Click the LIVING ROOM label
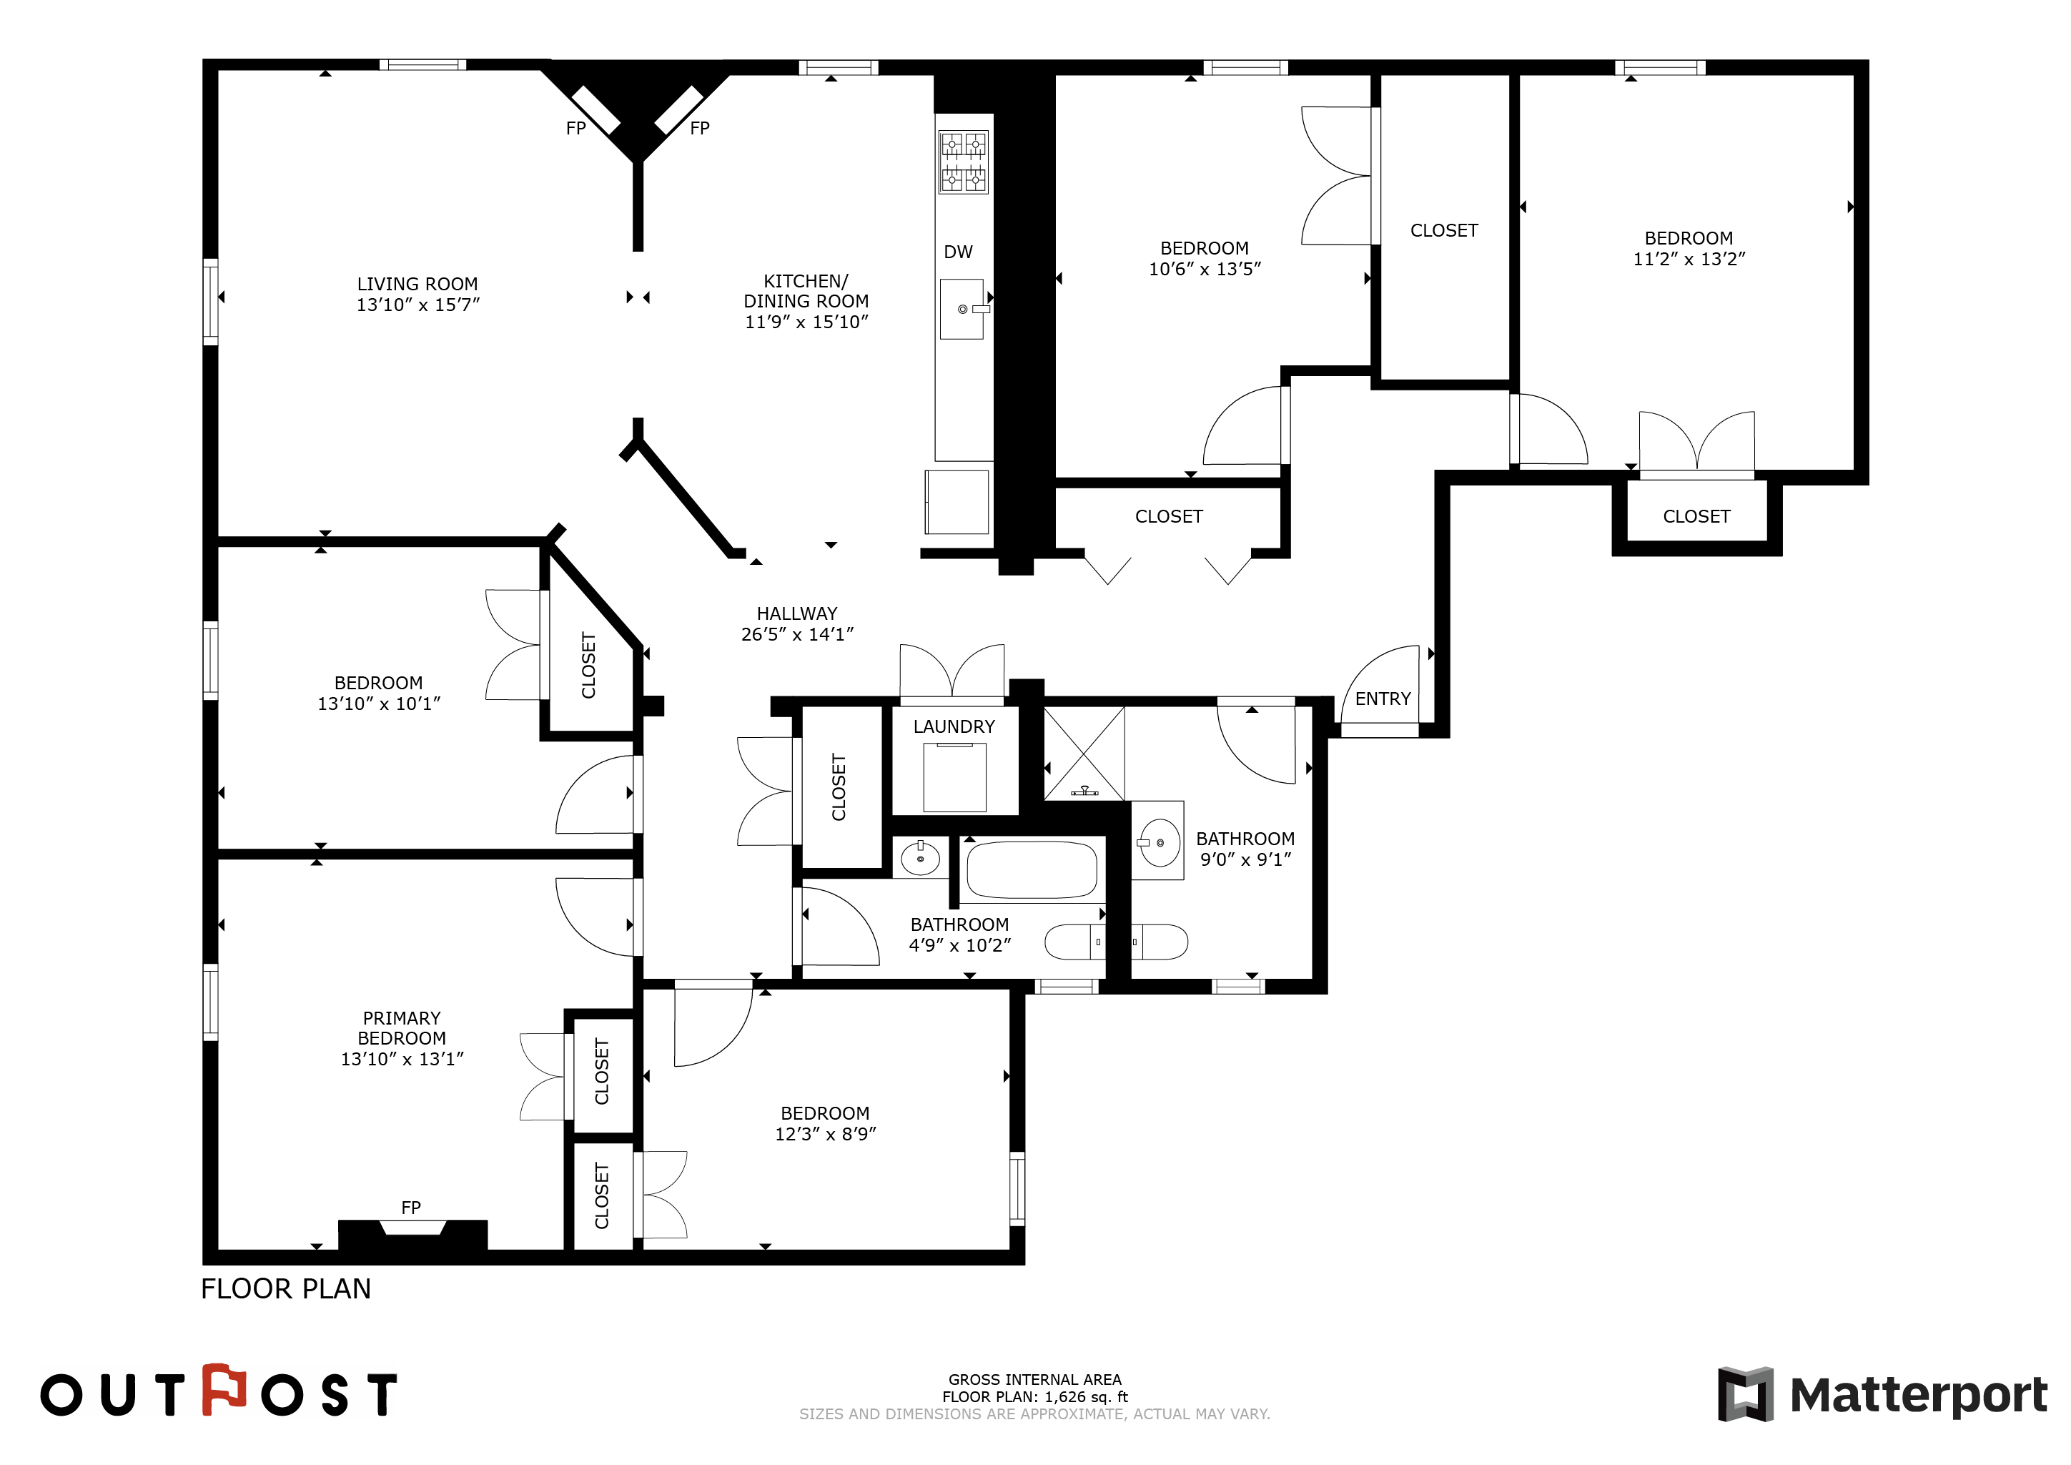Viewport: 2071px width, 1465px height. tap(417, 284)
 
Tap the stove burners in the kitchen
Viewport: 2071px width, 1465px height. tap(964, 162)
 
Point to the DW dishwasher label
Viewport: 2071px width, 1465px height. tap(958, 252)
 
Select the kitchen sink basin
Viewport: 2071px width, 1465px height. tap(962, 310)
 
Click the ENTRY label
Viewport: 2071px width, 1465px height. tap(1383, 699)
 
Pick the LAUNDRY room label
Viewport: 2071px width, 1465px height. tap(954, 727)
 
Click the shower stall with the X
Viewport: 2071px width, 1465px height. tap(1084, 754)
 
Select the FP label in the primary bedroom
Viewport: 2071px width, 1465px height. tap(411, 1208)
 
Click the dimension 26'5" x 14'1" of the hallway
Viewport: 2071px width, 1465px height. tap(797, 635)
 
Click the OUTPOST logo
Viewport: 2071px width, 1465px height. tap(218, 1391)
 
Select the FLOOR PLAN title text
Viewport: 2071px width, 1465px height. tap(286, 1289)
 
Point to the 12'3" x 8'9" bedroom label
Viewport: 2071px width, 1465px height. tap(826, 1124)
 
